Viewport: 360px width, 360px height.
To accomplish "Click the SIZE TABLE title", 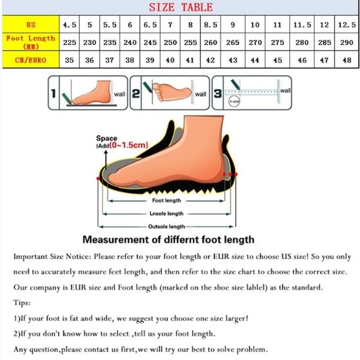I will (x=180, y=7).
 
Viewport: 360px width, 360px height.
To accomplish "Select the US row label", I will (x=31, y=25).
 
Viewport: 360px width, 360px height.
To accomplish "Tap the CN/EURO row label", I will (x=31, y=60).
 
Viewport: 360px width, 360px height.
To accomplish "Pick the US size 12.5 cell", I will (x=344, y=25).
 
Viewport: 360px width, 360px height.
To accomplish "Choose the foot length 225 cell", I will (x=70, y=42).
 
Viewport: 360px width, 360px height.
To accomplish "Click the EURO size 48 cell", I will (x=344, y=60).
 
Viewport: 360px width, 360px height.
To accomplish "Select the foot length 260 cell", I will (x=211, y=42).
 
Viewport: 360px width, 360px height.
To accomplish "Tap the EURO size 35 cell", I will (x=70, y=60).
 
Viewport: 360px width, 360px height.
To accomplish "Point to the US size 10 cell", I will (x=255, y=25).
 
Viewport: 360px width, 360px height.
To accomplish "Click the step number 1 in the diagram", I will (x=53, y=94).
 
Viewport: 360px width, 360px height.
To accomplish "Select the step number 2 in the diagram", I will (x=136, y=94).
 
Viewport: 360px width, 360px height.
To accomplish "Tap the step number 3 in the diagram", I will (x=217, y=94).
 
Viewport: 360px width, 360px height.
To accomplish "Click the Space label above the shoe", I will (x=106, y=139).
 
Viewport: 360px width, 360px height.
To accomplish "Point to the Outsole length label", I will (x=166, y=227).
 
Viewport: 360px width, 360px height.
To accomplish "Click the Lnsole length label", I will (x=166, y=214).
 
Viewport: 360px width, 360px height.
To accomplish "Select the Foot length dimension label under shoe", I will (x=166, y=200).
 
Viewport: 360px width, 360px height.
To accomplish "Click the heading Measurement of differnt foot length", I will (x=168, y=239).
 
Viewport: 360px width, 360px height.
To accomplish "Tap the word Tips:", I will (x=22, y=302).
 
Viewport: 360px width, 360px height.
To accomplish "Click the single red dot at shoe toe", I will (x=98, y=178).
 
